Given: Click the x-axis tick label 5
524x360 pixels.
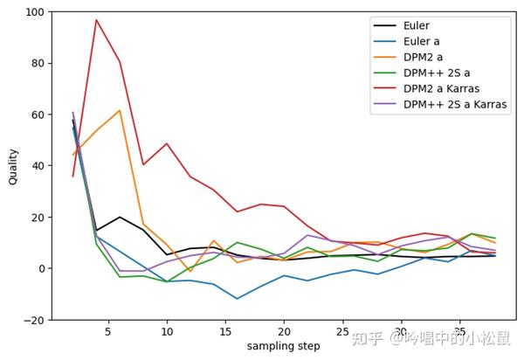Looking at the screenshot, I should [x=107, y=333].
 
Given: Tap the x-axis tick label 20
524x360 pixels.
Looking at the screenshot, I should [x=284, y=333].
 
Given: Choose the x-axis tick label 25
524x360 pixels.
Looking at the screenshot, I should [x=342, y=333].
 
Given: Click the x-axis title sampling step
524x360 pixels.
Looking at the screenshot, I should [x=284, y=347].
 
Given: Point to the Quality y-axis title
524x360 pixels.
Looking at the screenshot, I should [x=13, y=166].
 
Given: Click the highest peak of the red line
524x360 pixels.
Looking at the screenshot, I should [x=96, y=19].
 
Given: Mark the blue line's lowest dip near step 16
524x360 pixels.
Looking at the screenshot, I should [x=237, y=299].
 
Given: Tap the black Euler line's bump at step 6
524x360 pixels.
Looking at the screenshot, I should [x=120, y=217].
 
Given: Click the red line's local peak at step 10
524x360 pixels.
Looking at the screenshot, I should [x=167, y=143].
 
